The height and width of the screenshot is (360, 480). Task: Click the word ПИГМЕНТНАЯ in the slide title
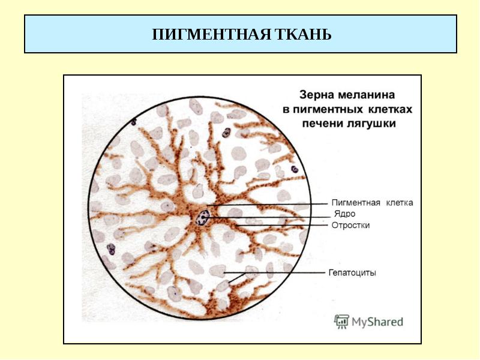click(x=211, y=34)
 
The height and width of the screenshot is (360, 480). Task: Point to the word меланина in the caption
click(x=366, y=95)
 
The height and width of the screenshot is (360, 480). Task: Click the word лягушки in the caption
click(x=371, y=124)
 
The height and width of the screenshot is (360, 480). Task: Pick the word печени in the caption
click(x=323, y=124)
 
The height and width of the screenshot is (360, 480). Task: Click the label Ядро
click(x=344, y=214)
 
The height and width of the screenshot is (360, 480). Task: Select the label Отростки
click(x=350, y=226)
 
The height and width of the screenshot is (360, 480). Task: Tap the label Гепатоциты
click(x=352, y=272)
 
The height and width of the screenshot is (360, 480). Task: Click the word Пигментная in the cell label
click(x=356, y=203)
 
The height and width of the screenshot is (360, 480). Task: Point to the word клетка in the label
click(x=400, y=203)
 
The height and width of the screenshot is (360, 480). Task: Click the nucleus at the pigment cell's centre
click(x=203, y=217)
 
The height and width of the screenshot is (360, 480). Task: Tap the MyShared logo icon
click(x=341, y=322)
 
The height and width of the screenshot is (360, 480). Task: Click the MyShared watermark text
click(x=377, y=322)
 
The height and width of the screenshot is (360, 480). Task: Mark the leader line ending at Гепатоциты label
click(x=274, y=272)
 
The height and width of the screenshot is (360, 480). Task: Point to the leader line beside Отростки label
click(x=281, y=226)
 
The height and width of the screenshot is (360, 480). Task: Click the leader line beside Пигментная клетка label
click(x=267, y=204)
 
